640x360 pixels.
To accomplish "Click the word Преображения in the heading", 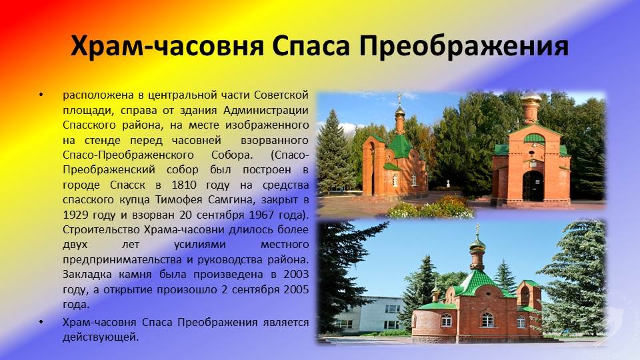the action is pyautogui.click(x=464, y=46).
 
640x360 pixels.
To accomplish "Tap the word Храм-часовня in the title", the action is pyautogui.click(x=167, y=46).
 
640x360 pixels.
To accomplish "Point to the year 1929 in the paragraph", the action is pyautogui.click(x=75, y=215).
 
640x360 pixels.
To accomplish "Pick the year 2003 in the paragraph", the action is pyautogui.click(x=296, y=274).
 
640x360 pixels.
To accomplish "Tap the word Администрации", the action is pyautogui.click(x=266, y=111).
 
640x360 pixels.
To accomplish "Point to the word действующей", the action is pyautogui.click(x=101, y=337).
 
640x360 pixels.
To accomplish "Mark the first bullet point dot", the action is pyautogui.click(x=41, y=95).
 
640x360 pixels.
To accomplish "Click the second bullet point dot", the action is pyautogui.click(x=41, y=323).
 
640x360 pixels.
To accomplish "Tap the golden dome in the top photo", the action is pyautogui.click(x=531, y=97).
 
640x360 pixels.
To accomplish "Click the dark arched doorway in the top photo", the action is pyautogui.click(x=533, y=186).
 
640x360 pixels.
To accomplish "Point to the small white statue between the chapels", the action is pyautogui.click(x=448, y=183).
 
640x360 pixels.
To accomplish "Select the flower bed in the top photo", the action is pyautogui.click(x=431, y=207).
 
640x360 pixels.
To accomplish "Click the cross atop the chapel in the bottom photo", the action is pyautogui.click(x=477, y=229).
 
